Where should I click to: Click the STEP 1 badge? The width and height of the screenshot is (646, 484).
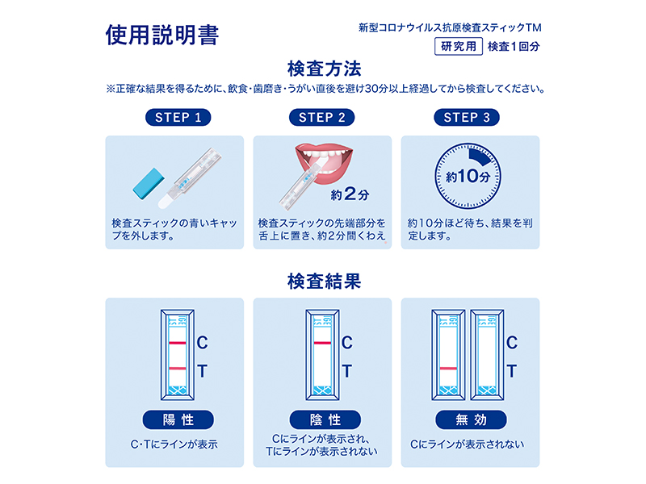178,117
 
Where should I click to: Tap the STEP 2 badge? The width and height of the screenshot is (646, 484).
321,117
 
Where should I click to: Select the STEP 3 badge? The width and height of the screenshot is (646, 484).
467,117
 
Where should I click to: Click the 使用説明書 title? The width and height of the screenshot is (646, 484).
162,35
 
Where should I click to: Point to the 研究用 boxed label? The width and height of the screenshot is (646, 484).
459,46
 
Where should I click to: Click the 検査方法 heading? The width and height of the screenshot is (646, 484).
325,69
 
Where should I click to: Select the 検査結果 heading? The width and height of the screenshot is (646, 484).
325,282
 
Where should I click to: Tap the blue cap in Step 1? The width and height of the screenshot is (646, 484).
149,184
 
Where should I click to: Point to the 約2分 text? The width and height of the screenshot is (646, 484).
350,194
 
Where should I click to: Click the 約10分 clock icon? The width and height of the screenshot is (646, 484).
468,176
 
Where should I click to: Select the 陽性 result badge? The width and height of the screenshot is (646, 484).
178,419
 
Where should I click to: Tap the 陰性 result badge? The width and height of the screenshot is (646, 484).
325,419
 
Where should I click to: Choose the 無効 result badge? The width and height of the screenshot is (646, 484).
471,419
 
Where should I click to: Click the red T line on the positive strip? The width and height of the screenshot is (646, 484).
178,369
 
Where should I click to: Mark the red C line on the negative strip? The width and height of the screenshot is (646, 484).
322,343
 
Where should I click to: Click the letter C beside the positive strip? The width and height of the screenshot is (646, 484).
202,342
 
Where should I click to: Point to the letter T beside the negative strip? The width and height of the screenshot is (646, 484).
347,371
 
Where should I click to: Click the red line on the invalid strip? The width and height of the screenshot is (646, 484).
448,369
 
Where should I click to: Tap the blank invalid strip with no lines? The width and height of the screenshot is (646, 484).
488,355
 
